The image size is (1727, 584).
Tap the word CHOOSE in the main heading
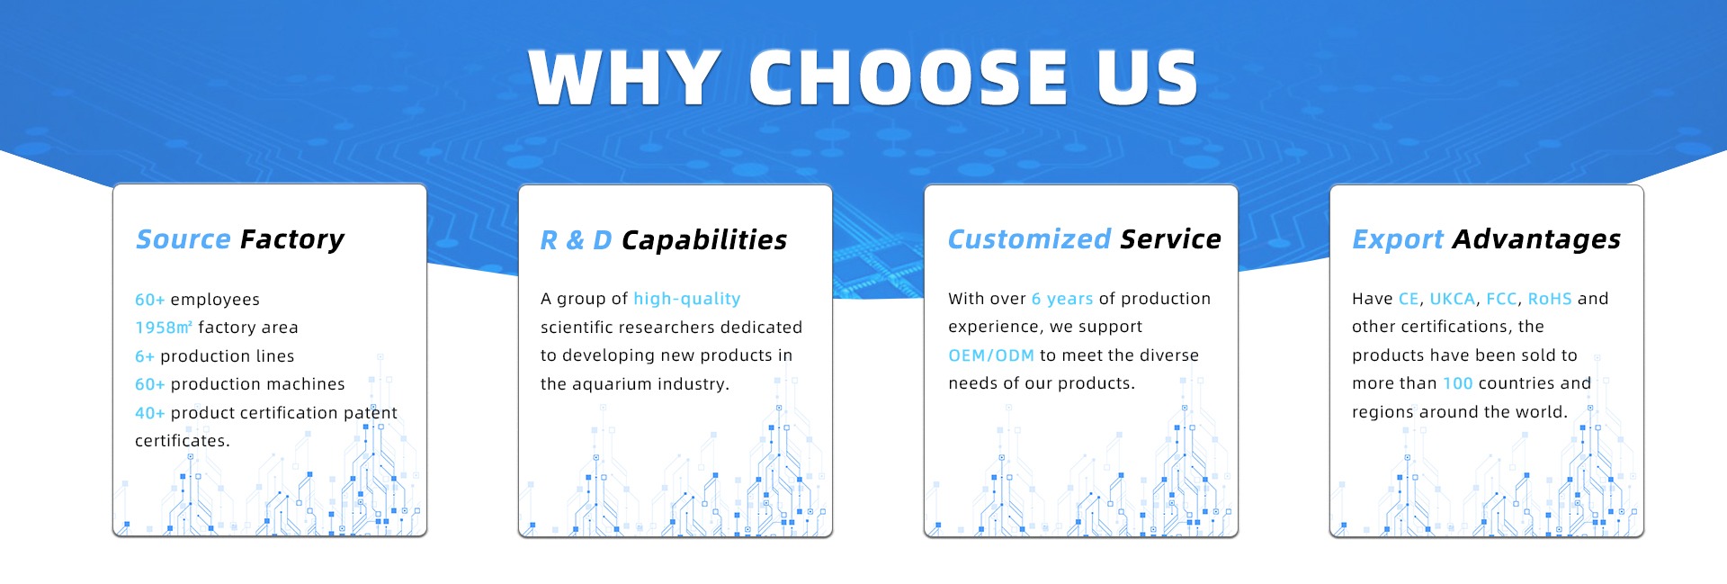[x=908, y=77]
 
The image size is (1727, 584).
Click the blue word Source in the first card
[x=183, y=239]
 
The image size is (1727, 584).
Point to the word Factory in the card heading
[x=292, y=240]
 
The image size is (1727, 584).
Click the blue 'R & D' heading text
[x=576, y=240]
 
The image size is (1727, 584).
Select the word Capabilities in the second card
[x=704, y=240]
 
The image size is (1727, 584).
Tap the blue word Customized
[x=1030, y=239]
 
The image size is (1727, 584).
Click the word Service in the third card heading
[x=1171, y=239]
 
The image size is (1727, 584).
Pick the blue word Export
[x=1398, y=240]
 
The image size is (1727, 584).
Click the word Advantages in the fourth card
[x=1536, y=240]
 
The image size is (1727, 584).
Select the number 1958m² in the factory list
[x=164, y=328]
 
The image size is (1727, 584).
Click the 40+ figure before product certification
[x=150, y=413]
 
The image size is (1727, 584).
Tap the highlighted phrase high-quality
[x=687, y=299]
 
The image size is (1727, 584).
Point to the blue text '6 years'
[x=1062, y=299]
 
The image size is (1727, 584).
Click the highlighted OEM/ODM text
[x=991, y=355]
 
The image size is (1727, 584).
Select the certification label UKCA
[x=1453, y=299]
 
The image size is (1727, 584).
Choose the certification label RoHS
[x=1550, y=299]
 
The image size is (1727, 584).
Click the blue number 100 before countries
[x=1458, y=383]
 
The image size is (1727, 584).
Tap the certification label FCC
[x=1501, y=299]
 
